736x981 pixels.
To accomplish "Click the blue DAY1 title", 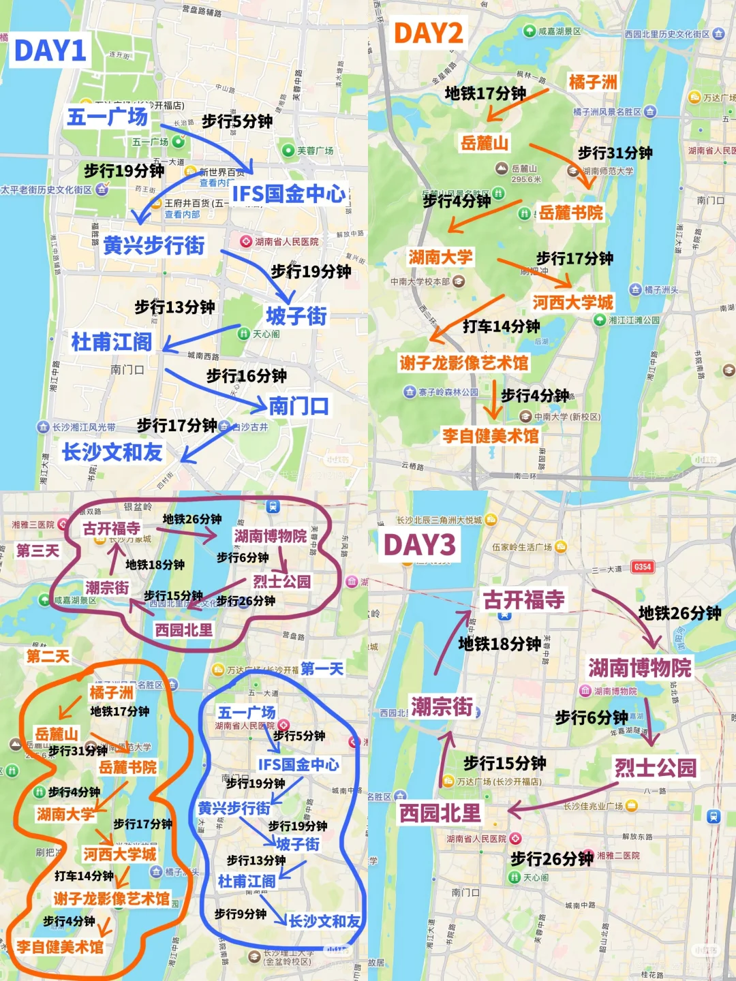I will (x=50, y=51).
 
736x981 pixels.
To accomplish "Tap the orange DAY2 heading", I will (x=429, y=33).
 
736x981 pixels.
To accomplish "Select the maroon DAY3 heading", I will (x=419, y=545).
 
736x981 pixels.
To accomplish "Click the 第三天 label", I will (x=37, y=550).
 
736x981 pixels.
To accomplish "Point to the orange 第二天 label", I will (x=48, y=656).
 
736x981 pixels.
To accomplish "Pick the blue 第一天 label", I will (x=322, y=668).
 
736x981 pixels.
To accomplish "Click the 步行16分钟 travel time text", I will (x=246, y=375).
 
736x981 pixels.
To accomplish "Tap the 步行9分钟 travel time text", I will (x=240, y=914).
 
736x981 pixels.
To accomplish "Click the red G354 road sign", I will (x=642, y=567).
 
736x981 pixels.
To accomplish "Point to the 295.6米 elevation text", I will (x=526, y=179).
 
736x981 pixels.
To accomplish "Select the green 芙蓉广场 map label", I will (x=315, y=151).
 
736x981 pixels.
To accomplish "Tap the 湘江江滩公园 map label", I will (x=634, y=320).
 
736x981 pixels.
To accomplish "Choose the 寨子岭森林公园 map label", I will (x=448, y=392).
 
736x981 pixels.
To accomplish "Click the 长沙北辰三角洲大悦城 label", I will (x=439, y=520).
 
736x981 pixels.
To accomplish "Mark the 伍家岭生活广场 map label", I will (x=522, y=546).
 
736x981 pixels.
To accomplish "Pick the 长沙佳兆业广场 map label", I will (x=593, y=806).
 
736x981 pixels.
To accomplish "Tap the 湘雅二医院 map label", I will (x=618, y=855).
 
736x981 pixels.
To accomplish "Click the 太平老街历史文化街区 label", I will (x=46, y=189).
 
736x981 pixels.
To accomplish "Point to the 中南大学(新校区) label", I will (x=567, y=416).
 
